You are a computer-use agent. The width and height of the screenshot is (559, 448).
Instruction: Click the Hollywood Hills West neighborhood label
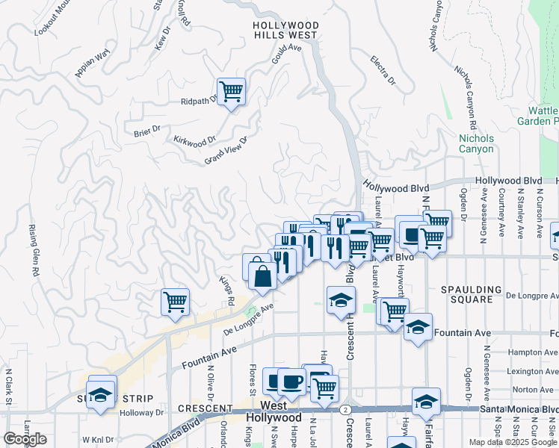286,30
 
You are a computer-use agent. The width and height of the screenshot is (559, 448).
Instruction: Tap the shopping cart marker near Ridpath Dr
232,92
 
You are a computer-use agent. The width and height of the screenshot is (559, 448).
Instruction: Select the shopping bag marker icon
264,276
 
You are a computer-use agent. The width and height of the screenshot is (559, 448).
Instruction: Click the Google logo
25,439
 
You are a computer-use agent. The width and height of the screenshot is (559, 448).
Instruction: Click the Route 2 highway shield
345,410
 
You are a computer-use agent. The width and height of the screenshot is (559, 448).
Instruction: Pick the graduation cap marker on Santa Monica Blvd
426,402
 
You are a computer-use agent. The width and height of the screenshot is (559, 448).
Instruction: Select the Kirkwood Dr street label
194,140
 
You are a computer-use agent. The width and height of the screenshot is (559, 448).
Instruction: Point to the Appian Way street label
93,63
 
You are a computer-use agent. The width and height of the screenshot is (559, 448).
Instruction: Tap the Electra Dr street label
383,69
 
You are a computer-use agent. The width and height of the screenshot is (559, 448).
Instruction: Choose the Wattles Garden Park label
538,115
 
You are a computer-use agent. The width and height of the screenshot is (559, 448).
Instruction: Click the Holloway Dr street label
142,412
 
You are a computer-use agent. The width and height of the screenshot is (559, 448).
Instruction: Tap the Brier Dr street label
147,131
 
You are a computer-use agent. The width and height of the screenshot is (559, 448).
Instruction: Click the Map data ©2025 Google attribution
512,442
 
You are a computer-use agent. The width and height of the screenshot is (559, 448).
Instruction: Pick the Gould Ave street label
285,57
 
